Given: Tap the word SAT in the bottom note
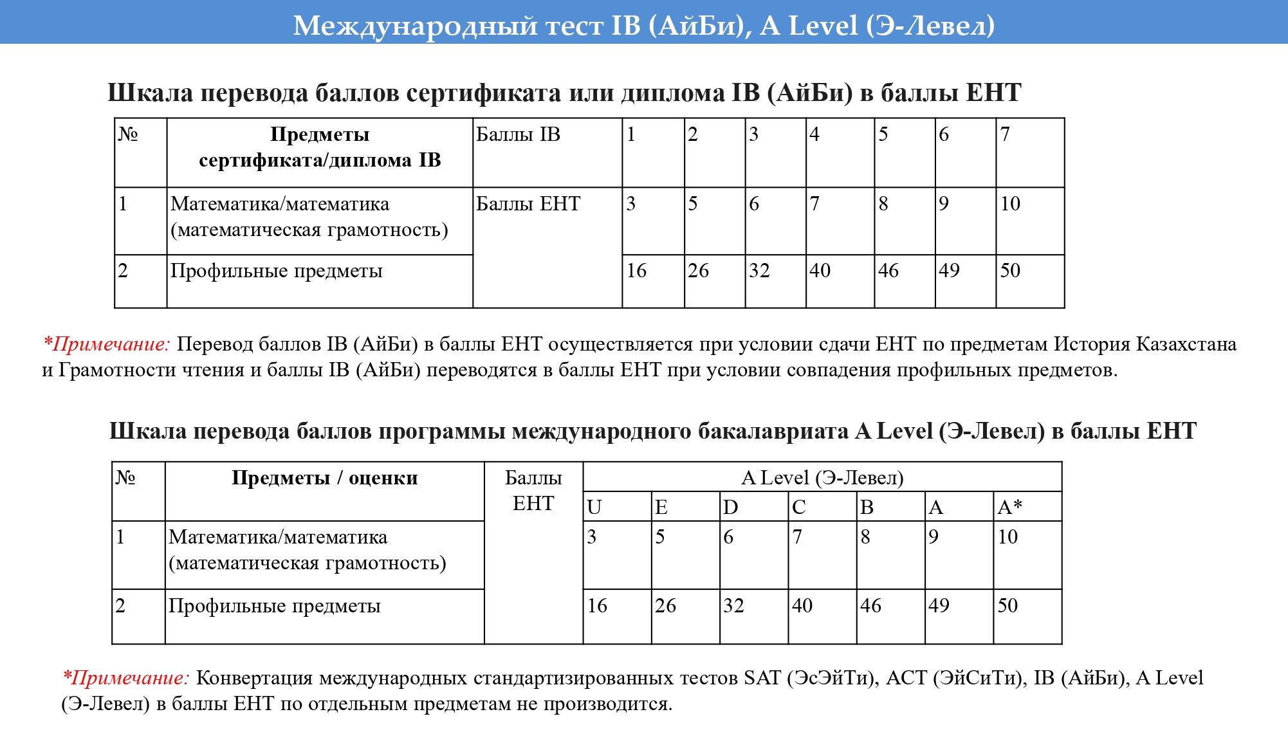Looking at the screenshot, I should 762,678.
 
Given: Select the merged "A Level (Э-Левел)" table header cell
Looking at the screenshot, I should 822,478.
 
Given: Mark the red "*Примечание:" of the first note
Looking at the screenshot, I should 106,344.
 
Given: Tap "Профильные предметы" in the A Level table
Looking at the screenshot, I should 275,606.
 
